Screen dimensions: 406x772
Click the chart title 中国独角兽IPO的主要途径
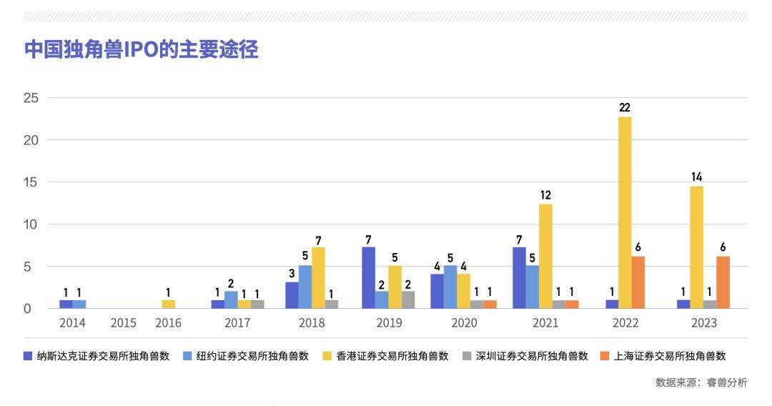point(142,50)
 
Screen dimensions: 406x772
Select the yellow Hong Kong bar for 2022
point(625,213)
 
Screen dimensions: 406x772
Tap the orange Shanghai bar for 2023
point(723,282)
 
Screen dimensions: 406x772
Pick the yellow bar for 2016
point(168,304)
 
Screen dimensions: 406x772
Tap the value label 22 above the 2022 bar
point(625,107)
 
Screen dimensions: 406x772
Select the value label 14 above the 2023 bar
point(696,176)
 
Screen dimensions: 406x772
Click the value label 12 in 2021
point(545,194)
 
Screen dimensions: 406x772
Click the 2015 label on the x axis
point(124,323)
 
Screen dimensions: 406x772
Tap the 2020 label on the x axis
point(465,323)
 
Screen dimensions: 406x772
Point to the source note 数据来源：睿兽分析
point(701,382)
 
